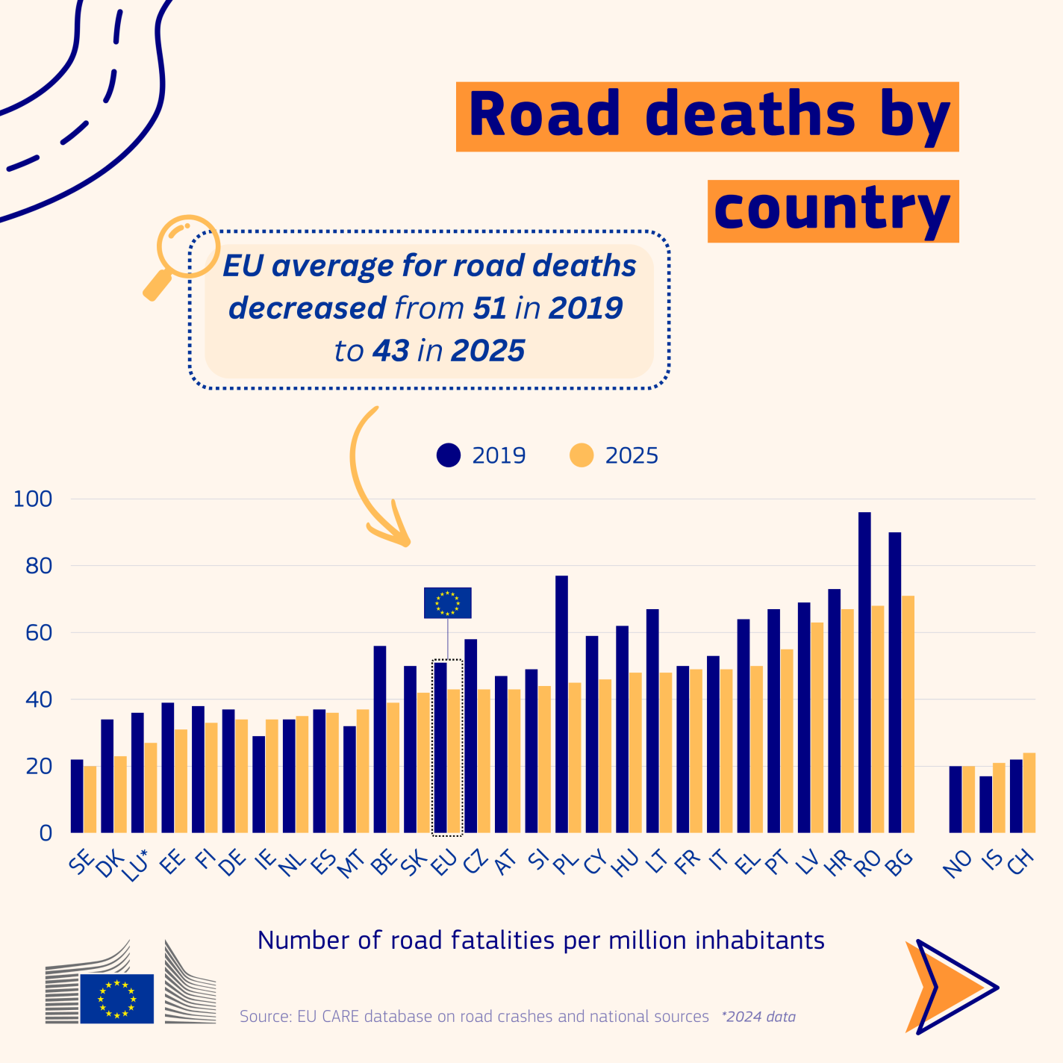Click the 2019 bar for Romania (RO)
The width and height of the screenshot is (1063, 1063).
[x=864, y=672]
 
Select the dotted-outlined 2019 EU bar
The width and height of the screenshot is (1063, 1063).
[x=440, y=747]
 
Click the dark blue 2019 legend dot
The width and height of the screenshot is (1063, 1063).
[x=449, y=455]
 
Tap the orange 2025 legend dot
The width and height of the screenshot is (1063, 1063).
[x=582, y=455]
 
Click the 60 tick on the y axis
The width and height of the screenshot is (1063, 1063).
[x=38, y=633]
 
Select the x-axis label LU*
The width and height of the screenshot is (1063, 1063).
[x=138, y=867]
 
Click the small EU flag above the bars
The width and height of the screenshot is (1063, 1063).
[x=448, y=602]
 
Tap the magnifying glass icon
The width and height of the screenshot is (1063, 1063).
[x=179, y=254]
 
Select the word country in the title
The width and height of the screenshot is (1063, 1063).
[x=832, y=211]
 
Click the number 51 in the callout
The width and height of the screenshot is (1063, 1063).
[x=490, y=308]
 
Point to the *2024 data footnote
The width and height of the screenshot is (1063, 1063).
[x=758, y=1017]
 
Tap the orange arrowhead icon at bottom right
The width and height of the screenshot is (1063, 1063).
[x=948, y=987]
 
